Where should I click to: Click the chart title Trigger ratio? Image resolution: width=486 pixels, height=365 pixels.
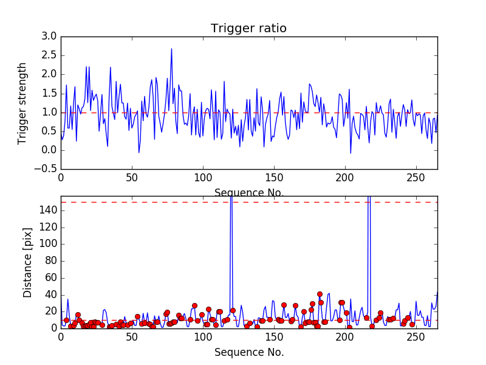248,29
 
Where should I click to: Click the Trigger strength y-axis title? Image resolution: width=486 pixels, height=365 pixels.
22,103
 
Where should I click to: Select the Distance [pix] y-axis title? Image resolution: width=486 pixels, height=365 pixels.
28,262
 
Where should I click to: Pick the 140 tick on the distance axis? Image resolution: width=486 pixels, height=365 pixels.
48,210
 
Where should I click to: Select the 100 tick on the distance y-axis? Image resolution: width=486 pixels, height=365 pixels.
48,243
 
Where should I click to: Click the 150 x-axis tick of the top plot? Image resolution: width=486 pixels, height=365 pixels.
274,179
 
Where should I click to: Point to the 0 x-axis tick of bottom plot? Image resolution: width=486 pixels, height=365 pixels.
61,338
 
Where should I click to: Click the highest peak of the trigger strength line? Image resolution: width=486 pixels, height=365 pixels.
171,49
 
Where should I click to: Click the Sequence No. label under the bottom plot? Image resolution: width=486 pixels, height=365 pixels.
249,352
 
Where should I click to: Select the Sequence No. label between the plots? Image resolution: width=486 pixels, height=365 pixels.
249,193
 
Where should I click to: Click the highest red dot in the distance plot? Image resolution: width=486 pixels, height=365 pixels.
320,294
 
